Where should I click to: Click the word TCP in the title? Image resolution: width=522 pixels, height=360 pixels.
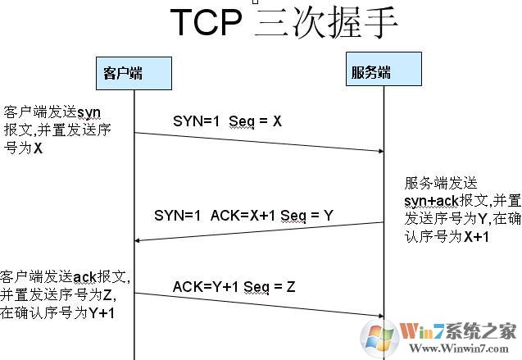click(x=207, y=25)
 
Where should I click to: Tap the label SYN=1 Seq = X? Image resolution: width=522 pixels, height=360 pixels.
click(x=227, y=121)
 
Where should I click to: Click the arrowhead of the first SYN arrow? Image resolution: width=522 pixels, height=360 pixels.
click(x=380, y=150)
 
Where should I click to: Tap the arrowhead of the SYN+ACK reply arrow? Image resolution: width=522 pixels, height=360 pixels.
click(x=138, y=239)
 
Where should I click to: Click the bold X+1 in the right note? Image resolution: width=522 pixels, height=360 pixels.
click(x=476, y=236)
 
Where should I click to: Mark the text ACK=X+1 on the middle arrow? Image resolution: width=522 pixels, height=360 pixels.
click(x=238, y=215)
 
